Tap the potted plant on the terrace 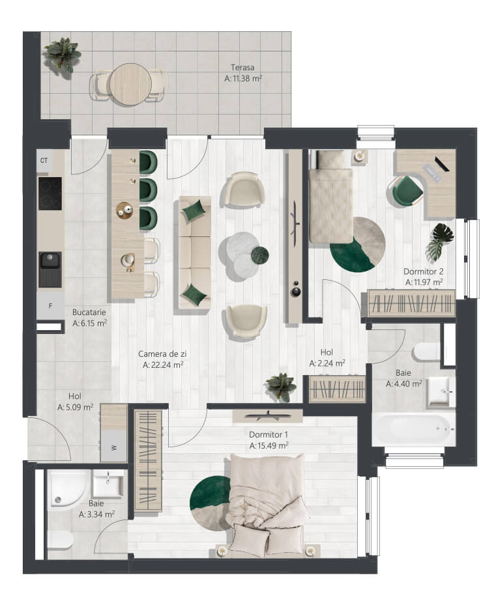(x=63, y=55)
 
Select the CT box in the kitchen (x=44, y=161)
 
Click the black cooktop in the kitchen (x=50, y=193)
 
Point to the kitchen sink (x=50, y=269)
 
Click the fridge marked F (x=50, y=305)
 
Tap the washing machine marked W (x=113, y=446)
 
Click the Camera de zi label (x=162, y=354)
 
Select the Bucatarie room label (x=89, y=312)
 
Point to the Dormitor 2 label (x=423, y=271)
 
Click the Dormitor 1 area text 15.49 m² (x=269, y=445)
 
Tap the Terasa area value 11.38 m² (x=243, y=78)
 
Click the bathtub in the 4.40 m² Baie (x=414, y=429)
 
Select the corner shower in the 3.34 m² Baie (x=67, y=488)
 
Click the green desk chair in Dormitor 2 (x=405, y=190)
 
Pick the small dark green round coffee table (x=259, y=255)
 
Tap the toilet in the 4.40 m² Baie (x=426, y=352)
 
